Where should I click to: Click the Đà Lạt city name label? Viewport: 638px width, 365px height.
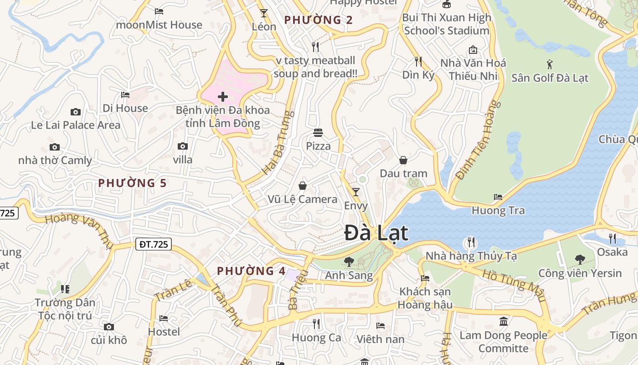point(376,233)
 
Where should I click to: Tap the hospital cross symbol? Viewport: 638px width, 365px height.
point(223,97)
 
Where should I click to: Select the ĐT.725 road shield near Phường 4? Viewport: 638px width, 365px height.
point(154,245)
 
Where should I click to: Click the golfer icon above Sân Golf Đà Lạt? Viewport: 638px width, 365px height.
point(550,64)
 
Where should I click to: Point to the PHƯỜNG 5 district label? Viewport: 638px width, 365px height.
point(132,183)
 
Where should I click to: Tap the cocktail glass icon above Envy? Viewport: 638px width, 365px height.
point(356,192)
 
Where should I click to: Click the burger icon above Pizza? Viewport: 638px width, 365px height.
point(318,133)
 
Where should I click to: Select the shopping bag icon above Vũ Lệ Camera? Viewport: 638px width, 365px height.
point(302,186)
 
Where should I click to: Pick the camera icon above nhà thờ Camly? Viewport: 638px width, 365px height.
point(55,147)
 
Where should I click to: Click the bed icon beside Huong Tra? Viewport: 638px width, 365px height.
point(498,197)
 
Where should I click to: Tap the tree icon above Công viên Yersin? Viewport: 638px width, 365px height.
point(580,260)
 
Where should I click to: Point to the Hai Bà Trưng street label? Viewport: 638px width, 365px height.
point(277,143)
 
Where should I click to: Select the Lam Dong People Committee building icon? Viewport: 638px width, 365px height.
point(504,322)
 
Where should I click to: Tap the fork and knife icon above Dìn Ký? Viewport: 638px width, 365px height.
point(418,61)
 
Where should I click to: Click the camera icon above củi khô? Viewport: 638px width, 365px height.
point(108,327)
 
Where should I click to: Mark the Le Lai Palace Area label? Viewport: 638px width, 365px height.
point(76,125)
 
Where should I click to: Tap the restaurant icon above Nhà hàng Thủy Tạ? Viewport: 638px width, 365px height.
point(471,242)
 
